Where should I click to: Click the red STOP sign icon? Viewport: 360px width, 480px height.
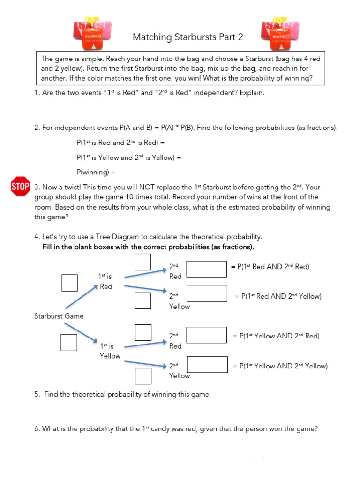(x=20, y=187)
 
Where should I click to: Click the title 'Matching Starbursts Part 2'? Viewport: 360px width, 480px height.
(x=187, y=37)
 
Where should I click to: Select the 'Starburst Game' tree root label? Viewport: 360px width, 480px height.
(x=59, y=316)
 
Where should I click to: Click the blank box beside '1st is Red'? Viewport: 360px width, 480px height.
(x=69, y=282)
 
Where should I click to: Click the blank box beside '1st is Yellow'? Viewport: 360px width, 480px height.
(x=68, y=342)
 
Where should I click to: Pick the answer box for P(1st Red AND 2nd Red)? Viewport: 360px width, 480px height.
(x=206, y=269)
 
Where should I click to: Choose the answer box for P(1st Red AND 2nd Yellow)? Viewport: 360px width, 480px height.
(x=206, y=293)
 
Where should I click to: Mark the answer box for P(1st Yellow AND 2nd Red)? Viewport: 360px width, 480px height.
(x=206, y=335)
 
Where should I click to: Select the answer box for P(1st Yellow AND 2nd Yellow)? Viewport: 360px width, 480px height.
(x=206, y=365)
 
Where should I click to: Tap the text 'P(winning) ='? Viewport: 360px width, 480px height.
(x=98, y=172)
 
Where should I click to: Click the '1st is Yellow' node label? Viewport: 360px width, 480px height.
(x=110, y=351)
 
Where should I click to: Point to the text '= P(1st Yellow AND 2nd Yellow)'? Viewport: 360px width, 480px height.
(x=280, y=366)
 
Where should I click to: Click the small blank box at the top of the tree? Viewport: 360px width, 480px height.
(x=142, y=262)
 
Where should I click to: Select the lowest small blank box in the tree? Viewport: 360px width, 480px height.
(x=143, y=376)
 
